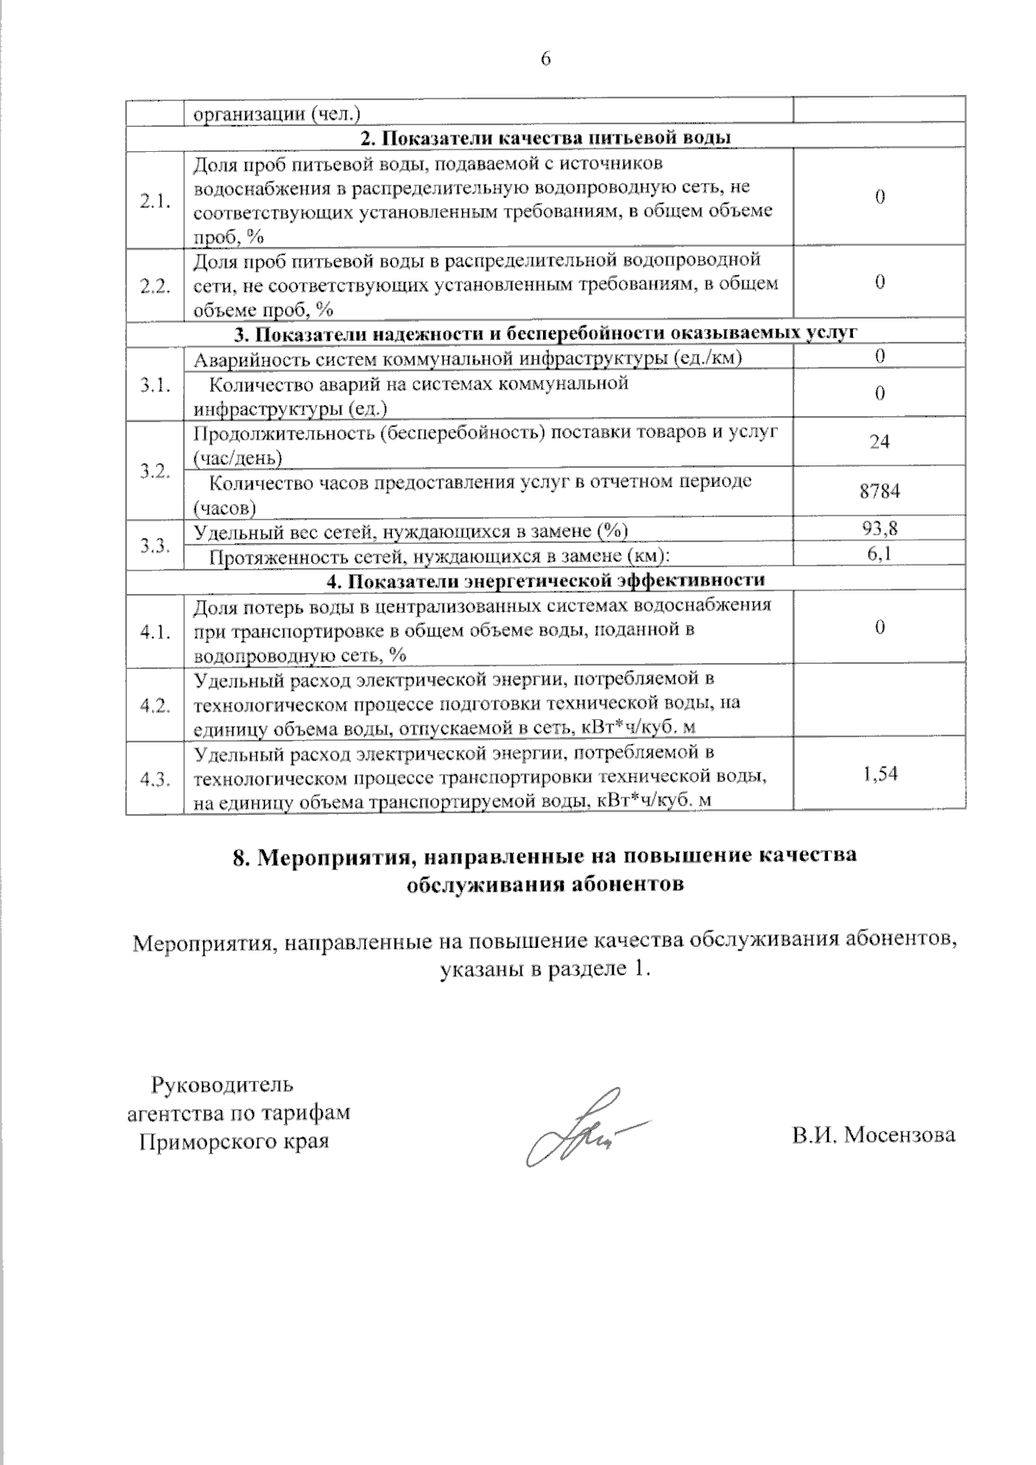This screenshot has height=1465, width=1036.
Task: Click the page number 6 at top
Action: pos(545,59)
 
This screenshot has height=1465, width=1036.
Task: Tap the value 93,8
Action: pos(879,528)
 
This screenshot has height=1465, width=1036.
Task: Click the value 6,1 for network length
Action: pos(879,554)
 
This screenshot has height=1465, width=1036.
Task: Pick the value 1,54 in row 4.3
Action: pos(880,774)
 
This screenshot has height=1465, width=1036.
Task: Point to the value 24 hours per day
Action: pos(879,441)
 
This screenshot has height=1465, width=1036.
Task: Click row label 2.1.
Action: pos(155,201)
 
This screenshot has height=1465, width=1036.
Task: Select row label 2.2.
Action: pos(155,286)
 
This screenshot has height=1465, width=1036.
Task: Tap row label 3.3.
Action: pos(155,545)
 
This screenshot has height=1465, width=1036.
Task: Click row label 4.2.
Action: pos(155,705)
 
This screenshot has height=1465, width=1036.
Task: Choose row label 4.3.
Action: pos(155,780)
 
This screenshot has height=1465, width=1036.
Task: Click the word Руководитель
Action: pos(223,1083)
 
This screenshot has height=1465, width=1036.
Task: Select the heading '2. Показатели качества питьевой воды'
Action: pos(546,138)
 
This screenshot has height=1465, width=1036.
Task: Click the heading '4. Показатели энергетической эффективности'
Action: pos(546,579)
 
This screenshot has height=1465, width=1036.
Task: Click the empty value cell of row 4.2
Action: pos(879,704)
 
